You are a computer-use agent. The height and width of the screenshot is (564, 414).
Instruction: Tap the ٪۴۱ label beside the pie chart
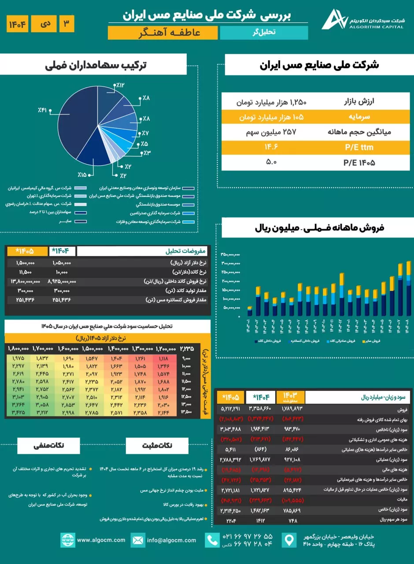coord(42,109)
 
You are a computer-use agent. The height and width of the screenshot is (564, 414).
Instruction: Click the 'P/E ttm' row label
coord(357,147)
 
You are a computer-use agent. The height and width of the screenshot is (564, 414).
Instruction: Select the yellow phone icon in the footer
coord(213,540)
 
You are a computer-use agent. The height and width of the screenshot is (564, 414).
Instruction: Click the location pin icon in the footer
coord(289,540)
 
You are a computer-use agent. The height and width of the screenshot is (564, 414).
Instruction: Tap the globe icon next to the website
coord(68,540)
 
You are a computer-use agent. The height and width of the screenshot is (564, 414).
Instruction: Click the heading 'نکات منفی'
coord(48,445)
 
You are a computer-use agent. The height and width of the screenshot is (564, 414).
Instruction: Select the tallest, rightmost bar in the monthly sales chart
coord(409,289)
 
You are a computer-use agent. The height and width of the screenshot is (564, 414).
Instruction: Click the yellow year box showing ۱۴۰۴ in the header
coord(18,24)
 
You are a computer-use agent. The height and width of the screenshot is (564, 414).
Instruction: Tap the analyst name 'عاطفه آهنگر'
coord(163,33)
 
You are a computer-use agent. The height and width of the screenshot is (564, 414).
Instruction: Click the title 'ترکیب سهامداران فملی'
coord(96,65)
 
